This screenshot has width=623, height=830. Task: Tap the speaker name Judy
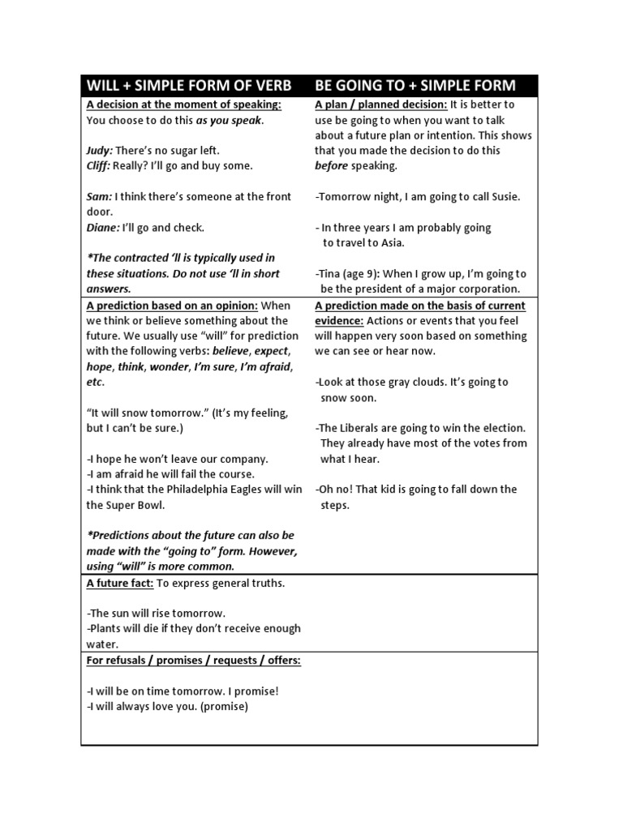coord(99,151)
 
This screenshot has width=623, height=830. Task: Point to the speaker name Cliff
coord(99,165)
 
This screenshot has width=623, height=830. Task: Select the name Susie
coord(504,197)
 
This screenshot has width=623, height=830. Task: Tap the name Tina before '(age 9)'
coord(332,274)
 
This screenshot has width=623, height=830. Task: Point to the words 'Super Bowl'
coord(136,505)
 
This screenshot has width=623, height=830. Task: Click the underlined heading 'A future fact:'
coord(121,583)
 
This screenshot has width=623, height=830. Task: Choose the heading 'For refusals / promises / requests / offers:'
coord(194,660)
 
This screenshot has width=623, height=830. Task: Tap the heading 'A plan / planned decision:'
coord(380,105)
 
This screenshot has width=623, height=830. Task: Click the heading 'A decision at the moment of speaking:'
coord(184,105)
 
